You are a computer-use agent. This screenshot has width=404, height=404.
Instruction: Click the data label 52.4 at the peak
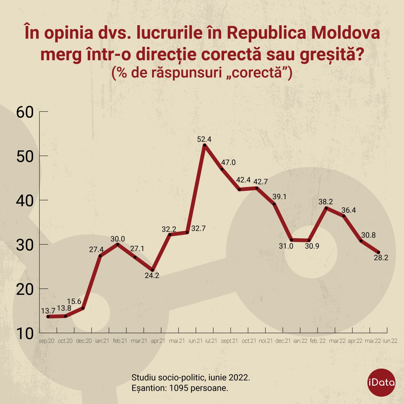pyautogui.click(x=204, y=139)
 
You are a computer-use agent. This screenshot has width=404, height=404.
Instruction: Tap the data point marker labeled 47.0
pyautogui.click(x=222, y=169)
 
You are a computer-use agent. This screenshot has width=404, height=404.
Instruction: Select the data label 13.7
pyautogui.click(x=48, y=311)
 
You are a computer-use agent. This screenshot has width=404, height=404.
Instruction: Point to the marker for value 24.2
pyautogui.click(x=152, y=270)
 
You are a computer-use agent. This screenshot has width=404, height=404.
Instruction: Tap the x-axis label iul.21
pyautogui.click(x=211, y=341)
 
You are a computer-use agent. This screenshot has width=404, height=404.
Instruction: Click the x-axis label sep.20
pyautogui.click(x=46, y=341)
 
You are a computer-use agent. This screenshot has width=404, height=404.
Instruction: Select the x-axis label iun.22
pyautogui.click(x=390, y=341)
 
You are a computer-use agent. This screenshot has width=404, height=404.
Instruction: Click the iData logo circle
pyautogui.click(x=381, y=383)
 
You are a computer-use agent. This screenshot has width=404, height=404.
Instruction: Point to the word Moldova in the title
pyautogui.click(x=346, y=33)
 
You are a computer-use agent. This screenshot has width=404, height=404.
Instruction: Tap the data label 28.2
pyautogui.click(x=381, y=258)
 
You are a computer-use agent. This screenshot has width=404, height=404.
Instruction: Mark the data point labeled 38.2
pyautogui.click(x=326, y=208)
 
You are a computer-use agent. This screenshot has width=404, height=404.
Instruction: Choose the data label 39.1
pyautogui.click(x=279, y=197)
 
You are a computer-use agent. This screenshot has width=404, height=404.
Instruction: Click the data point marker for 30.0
pyautogui.click(x=118, y=244)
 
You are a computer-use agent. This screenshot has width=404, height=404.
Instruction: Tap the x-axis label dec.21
pyautogui.click(x=283, y=341)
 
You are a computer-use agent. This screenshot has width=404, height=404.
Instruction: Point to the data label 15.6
pyautogui.click(x=74, y=301)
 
